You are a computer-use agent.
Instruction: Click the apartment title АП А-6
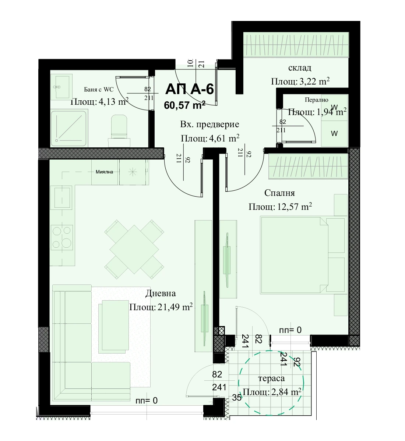pyautogui.click(x=190, y=89)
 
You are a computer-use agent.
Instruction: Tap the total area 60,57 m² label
pyautogui.click(x=185, y=105)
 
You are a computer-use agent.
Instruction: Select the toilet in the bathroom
pyautogui.click(x=119, y=131)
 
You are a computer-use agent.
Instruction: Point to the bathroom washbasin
pyautogui.click(x=61, y=87)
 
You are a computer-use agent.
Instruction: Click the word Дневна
pyautogui.click(x=161, y=293)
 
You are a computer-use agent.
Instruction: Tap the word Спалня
pyautogui.click(x=279, y=193)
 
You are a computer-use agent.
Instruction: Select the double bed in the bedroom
pyautogui.click(x=302, y=255)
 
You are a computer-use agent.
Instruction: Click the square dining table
pyautogui.click(x=134, y=249)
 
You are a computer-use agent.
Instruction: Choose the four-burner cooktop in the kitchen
pyautogui.click(x=62, y=237)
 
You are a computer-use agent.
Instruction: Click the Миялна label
pyautogui.click(x=104, y=172)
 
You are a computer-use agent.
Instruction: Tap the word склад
pyautogui.click(x=300, y=68)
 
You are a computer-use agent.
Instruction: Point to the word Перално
pyautogui.click(x=316, y=100)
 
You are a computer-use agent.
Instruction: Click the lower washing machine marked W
pyautogui.click(x=334, y=133)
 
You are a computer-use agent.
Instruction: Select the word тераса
pyautogui.click(x=271, y=379)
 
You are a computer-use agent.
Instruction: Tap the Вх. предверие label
pyautogui.click(x=209, y=124)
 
